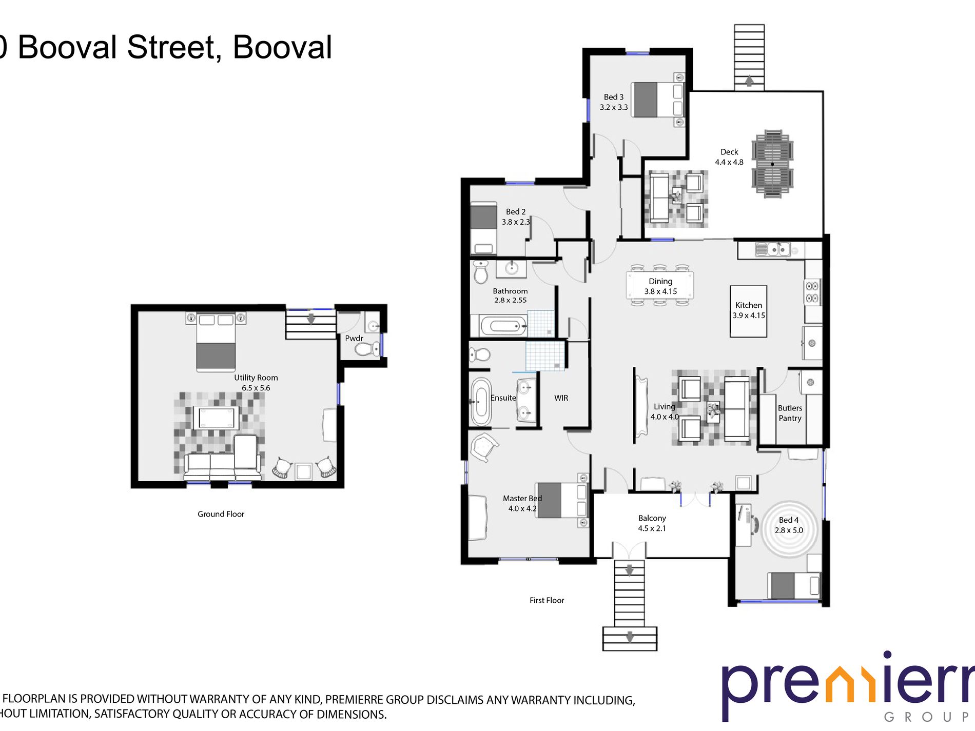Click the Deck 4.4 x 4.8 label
(x=729, y=157)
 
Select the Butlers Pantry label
(x=790, y=413)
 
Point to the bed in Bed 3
(x=657, y=100)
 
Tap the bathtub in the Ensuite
(x=481, y=402)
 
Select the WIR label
(x=561, y=398)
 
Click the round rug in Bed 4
(x=788, y=530)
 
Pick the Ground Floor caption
(x=221, y=514)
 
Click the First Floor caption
(x=547, y=600)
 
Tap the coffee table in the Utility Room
(x=216, y=418)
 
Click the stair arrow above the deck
(x=749, y=81)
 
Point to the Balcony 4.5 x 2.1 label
(x=652, y=523)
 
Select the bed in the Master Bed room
(x=561, y=500)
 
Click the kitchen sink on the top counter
(x=773, y=250)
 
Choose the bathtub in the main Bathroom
(x=503, y=325)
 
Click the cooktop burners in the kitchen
(x=812, y=292)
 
